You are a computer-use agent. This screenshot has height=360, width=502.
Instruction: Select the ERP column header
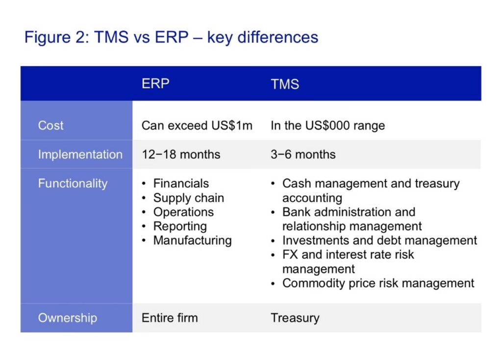(155, 84)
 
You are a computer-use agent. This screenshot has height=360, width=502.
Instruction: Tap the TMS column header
(285, 84)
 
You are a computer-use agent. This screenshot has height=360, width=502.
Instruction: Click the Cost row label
(50, 125)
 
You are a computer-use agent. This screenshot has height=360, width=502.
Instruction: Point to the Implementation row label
(80, 155)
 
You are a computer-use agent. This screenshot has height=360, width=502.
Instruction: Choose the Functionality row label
(73, 184)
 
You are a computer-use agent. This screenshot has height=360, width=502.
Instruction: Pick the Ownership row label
(68, 318)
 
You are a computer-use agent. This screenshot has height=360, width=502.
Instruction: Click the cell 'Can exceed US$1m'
(197, 125)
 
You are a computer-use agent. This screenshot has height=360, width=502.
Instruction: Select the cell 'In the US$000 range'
(327, 125)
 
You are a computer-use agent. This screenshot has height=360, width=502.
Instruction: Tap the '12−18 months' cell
(181, 155)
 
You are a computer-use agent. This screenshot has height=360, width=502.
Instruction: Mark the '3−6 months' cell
(303, 155)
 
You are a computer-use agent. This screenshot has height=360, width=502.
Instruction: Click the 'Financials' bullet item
(181, 183)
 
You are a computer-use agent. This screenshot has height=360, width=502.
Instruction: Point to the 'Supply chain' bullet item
(189, 198)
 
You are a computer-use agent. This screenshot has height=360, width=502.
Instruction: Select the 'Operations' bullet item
(183, 212)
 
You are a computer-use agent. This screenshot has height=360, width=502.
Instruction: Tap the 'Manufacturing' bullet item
(192, 240)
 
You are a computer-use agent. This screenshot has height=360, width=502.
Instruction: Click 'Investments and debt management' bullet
(380, 240)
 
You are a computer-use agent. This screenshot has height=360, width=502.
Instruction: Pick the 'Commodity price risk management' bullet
(378, 284)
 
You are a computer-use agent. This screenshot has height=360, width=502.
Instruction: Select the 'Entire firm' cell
(170, 318)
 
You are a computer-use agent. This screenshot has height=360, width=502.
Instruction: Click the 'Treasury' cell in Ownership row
(295, 318)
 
